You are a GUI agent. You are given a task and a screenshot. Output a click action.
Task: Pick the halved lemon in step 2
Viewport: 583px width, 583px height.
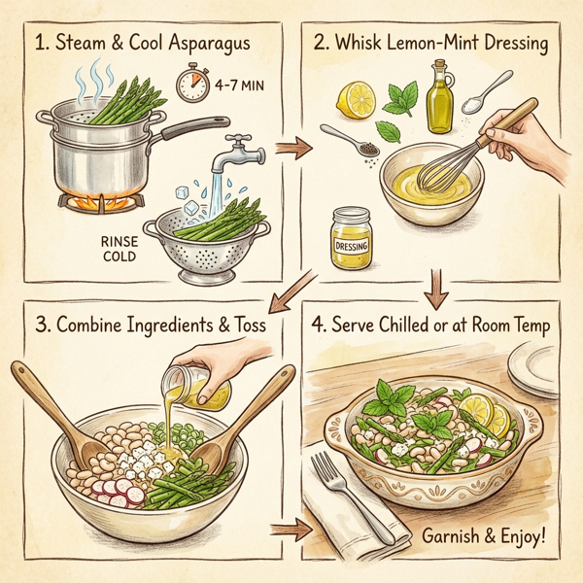pos(354,98)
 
